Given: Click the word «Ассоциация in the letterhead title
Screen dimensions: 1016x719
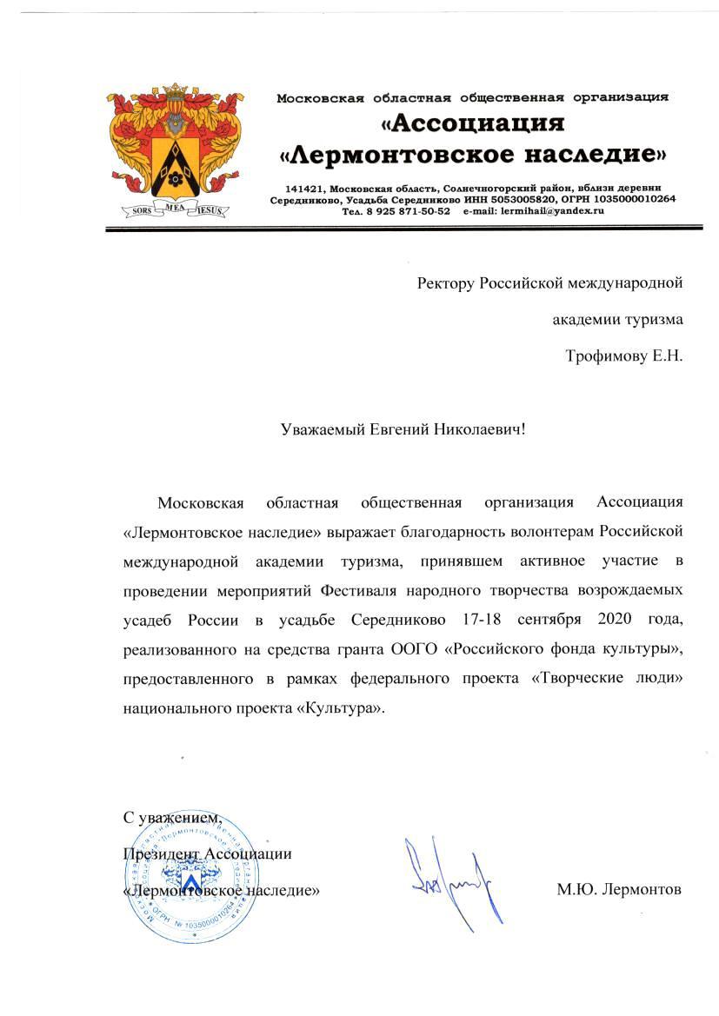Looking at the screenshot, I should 470,123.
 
